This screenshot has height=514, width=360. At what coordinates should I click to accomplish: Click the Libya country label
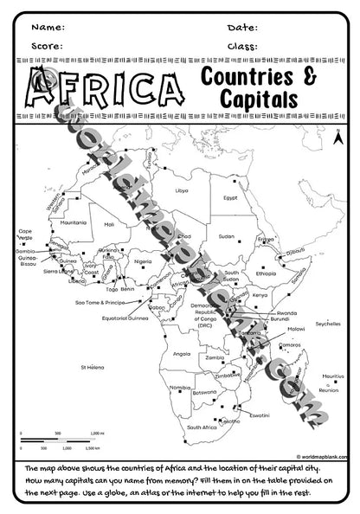point(181,190)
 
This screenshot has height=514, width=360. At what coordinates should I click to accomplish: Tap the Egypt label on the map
point(230,198)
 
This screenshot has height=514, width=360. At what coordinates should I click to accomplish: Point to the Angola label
point(182,353)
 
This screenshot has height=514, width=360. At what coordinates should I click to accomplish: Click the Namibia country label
point(180,388)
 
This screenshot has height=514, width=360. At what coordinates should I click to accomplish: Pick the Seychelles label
point(328,324)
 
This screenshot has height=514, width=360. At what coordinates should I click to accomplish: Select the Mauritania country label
point(74,222)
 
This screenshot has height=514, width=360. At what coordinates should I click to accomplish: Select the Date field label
point(242,27)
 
